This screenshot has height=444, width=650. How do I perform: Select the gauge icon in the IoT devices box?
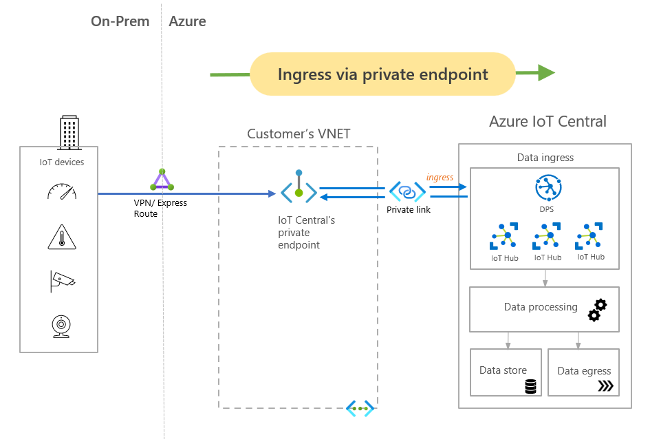(62, 191)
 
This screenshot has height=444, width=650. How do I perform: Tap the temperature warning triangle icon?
(62, 236)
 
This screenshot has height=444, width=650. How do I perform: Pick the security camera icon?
(62, 280)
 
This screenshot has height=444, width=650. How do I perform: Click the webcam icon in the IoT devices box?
(62, 324)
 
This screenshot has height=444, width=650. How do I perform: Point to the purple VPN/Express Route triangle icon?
(162, 180)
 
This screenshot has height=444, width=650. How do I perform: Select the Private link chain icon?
(407, 191)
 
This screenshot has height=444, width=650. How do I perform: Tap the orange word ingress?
(440, 177)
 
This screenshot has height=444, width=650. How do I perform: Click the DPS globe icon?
(548, 188)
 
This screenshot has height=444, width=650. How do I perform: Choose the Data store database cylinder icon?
(530, 386)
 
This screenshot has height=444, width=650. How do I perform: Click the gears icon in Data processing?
(597, 310)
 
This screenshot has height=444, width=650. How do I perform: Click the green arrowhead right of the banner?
(546, 73)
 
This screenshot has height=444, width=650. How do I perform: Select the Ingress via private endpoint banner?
(382, 74)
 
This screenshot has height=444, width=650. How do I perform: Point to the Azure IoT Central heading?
(548, 122)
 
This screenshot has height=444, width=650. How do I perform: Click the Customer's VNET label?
(299, 134)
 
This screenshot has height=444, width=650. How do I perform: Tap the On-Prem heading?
(120, 21)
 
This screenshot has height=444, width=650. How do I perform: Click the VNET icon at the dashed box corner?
(360, 408)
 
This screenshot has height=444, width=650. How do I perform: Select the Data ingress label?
(545, 158)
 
